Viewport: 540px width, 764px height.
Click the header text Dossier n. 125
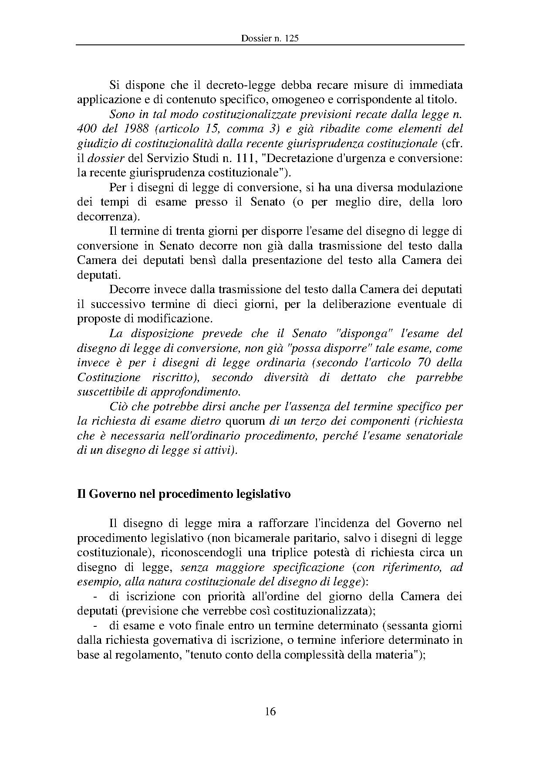(270, 38)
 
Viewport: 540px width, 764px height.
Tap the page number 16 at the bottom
(270, 711)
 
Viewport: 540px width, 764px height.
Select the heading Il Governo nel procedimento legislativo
(184, 494)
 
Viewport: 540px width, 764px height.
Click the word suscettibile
(104, 392)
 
